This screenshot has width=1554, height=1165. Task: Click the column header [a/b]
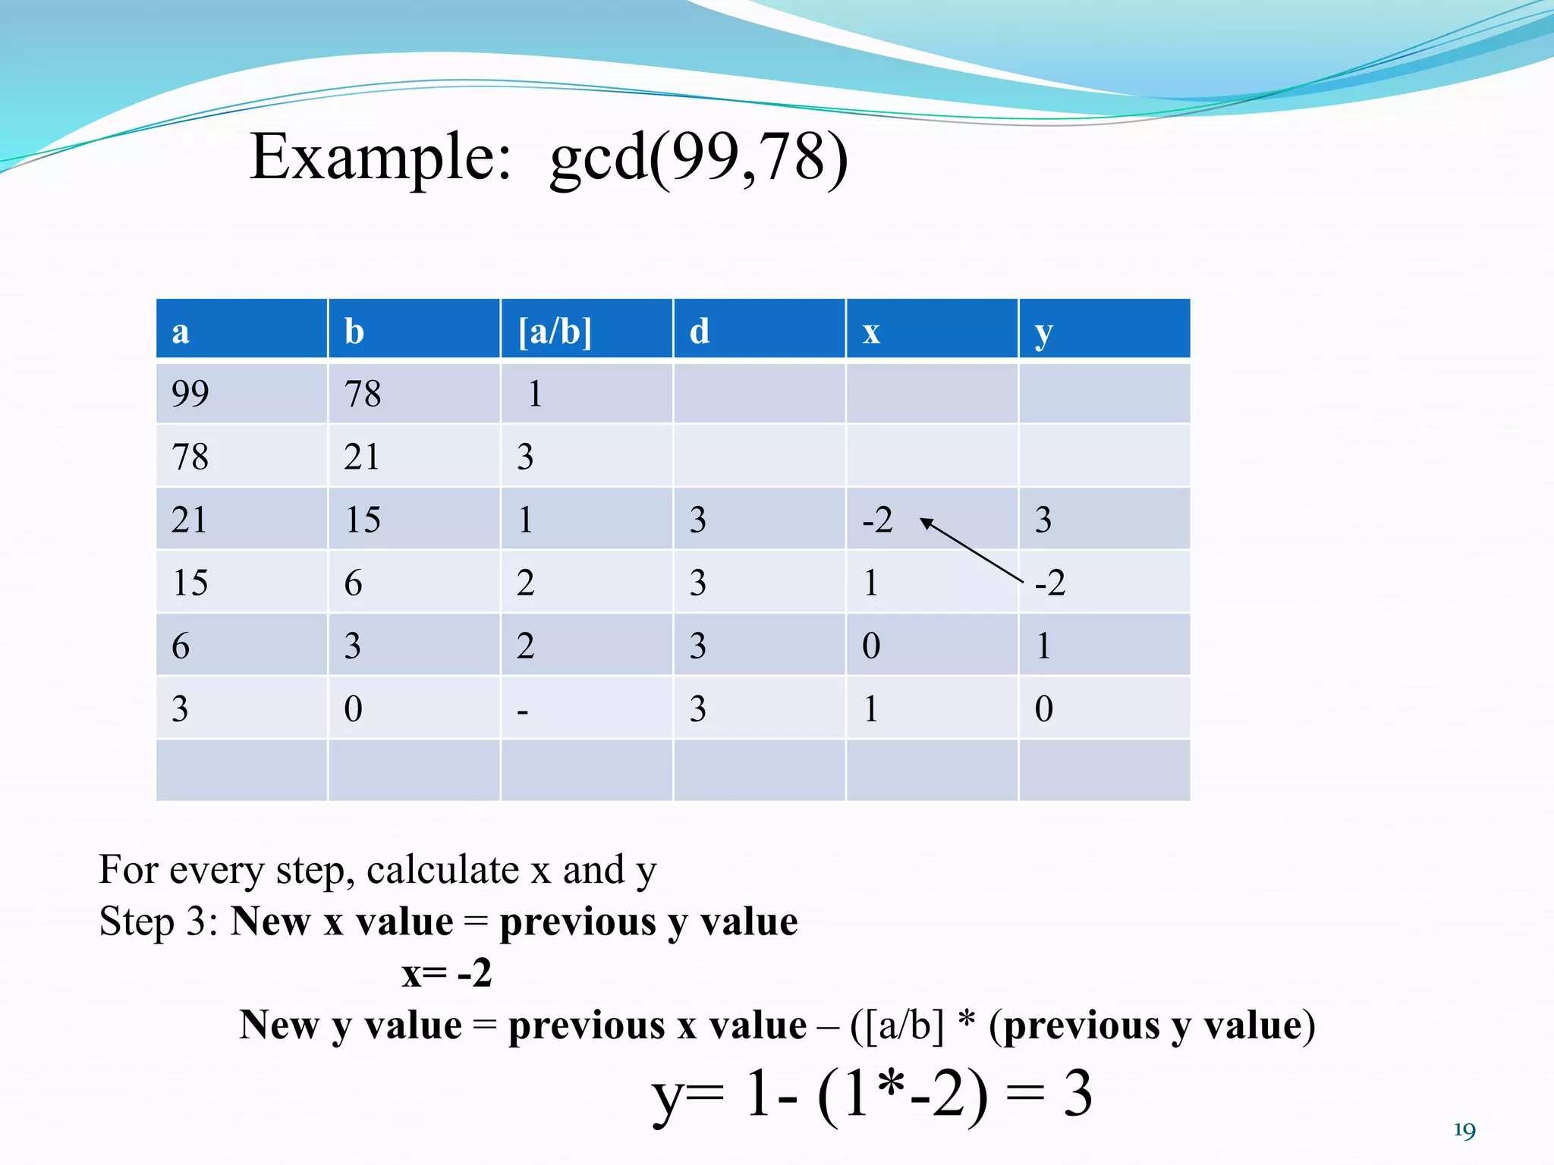(x=555, y=331)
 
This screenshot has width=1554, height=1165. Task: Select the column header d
(x=700, y=331)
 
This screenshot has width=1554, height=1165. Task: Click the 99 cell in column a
(x=190, y=394)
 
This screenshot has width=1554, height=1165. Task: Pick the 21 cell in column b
(x=361, y=457)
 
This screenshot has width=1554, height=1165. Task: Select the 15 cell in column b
(x=363, y=520)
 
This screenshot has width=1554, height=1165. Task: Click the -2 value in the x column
(x=878, y=520)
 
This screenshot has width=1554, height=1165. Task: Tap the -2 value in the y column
(x=1051, y=582)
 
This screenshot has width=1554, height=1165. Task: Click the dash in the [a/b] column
(x=522, y=711)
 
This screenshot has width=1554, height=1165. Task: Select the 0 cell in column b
(x=353, y=709)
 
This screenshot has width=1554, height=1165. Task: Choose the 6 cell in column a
(x=181, y=646)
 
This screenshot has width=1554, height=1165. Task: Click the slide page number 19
(x=1464, y=1131)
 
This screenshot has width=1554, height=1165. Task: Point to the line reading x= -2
(x=447, y=973)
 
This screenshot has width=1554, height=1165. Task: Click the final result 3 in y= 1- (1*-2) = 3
(x=1077, y=1093)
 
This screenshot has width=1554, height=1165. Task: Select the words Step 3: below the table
(x=159, y=922)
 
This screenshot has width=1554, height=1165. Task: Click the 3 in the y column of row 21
(x=1043, y=520)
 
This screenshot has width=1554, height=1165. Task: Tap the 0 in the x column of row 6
(x=871, y=646)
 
